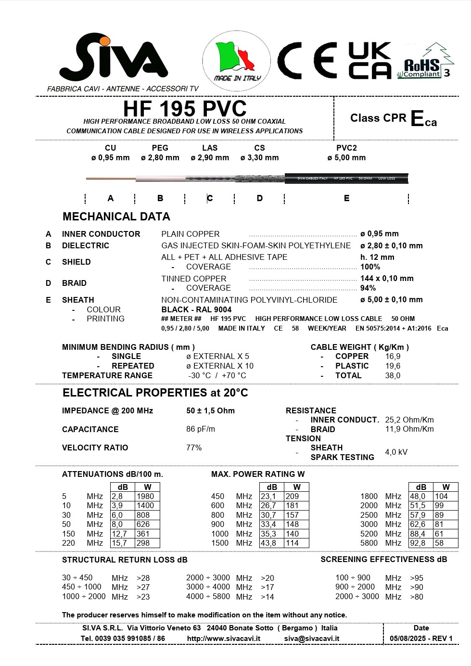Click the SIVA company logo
(114, 58)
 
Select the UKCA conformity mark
(369, 60)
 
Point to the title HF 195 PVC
(185, 109)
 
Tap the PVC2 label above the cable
(346, 148)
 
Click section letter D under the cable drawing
(260, 198)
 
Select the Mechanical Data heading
(116, 217)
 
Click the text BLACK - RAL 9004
(196, 309)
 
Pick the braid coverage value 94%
(368, 288)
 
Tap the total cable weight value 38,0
(393, 375)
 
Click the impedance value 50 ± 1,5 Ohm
(210, 410)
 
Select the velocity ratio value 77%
(194, 448)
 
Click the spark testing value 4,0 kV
(396, 452)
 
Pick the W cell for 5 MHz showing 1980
(145, 496)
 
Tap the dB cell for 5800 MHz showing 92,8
(418, 543)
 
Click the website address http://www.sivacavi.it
(224, 639)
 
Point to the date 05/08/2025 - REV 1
(421, 639)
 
